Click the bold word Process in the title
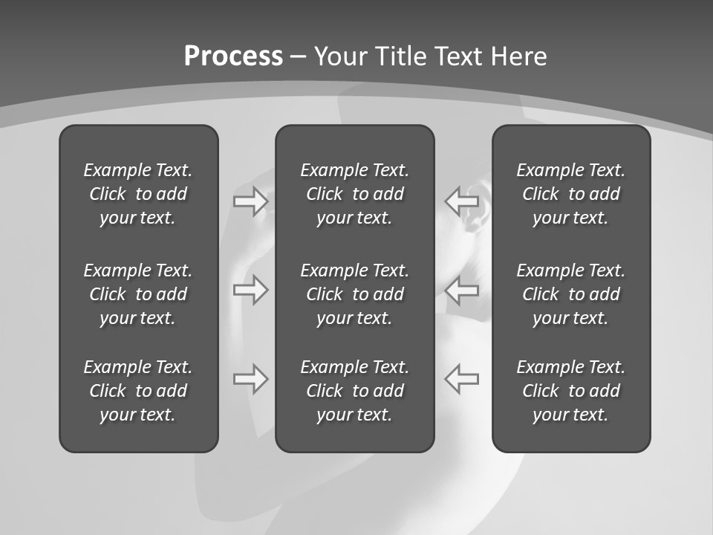[x=233, y=56]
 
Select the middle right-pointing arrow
[x=250, y=290]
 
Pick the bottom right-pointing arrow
[x=250, y=378]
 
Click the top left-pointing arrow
[x=461, y=201]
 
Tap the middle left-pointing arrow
[x=461, y=290]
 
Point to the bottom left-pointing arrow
[x=461, y=378]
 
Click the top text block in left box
[x=138, y=194]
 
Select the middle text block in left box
[x=138, y=294]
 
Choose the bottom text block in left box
[x=138, y=391]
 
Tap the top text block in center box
[x=354, y=194]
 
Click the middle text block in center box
[x=354, y=294]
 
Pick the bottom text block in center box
[x=354, y=391]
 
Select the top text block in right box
[x=570, y=194]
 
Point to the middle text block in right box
[x=570, y=294]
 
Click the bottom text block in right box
[x=570, y=391]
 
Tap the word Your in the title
[x=339, y=56]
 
